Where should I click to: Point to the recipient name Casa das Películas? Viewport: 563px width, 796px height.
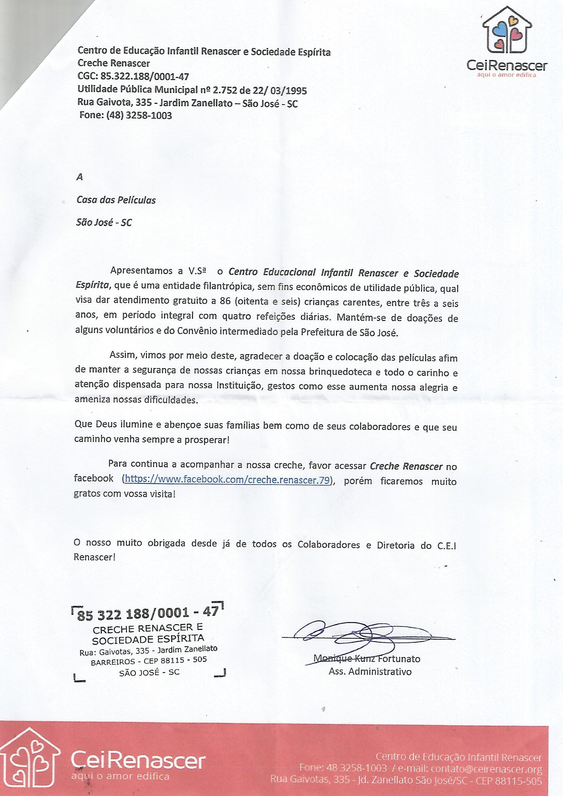116,201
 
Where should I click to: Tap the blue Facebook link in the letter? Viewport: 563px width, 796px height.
227,479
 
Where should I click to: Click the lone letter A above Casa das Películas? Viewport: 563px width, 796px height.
80,177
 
